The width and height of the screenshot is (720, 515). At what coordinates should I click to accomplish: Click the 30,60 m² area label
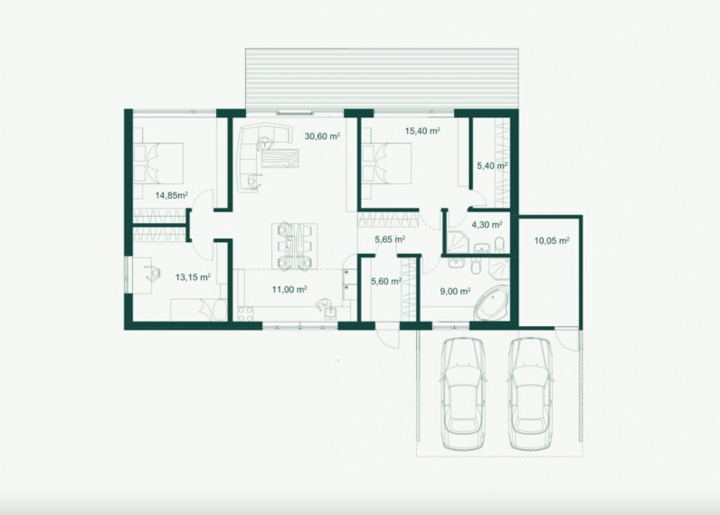click(x=322, y=136)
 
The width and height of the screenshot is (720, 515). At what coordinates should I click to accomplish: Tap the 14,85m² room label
click(x=171, y=195)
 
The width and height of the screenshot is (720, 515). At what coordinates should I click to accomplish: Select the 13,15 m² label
click(x=193, y=277)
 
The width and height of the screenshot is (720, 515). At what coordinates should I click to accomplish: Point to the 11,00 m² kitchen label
click(x=289, y=289)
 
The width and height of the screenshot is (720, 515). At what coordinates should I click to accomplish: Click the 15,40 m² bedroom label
click(x=422, y=131)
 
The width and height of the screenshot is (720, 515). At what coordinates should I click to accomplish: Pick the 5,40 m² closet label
click(x=492, y=165)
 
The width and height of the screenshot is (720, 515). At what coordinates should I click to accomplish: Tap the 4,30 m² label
click(x=487, y=225)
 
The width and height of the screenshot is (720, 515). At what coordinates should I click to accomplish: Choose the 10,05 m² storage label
click(x=552, y=240)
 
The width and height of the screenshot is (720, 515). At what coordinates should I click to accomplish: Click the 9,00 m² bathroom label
click(x=455, y=291)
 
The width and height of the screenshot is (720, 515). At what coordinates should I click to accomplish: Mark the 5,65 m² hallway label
click(x=390, y=239)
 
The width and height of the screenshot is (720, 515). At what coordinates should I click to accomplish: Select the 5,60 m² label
click(x=386, y=281)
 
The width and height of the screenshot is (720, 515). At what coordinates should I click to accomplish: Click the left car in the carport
click(x=463, y=394)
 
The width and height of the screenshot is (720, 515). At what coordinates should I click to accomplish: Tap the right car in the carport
click(x=530, y=394)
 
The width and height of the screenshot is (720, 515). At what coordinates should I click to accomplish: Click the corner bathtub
click(x=492, y=302)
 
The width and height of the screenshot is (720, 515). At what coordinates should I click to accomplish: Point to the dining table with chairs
click(x=294, y=246)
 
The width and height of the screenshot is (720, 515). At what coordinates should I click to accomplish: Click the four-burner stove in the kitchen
click(x=246, y=314)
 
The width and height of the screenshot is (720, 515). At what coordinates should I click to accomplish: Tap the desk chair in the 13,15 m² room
click(x=153, y=274)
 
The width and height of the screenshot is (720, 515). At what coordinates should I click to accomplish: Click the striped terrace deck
click(x=382, y=79)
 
